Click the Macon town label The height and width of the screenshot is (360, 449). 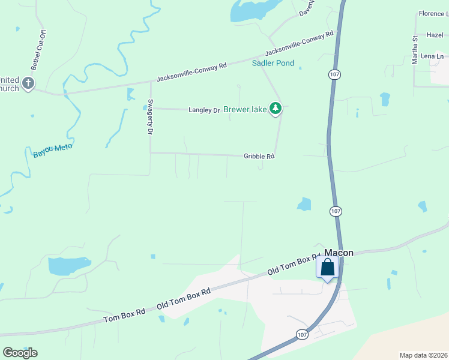coord(339,253)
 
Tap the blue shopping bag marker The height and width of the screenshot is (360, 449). coord(328,267)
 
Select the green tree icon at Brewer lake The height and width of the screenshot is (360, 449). coord(276,109)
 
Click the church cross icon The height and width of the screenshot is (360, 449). coord(28,84)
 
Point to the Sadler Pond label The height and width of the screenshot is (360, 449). coord(273,63)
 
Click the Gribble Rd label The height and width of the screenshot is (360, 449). coord(259,156)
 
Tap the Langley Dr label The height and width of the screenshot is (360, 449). coord(204,110)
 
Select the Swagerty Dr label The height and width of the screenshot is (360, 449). coord(151,116)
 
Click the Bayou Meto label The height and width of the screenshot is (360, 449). coord(53,150)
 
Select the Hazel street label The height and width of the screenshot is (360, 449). coord(435,35)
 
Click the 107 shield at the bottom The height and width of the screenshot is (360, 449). coord(301,334)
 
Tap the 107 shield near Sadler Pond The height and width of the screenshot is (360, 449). coord(335,74)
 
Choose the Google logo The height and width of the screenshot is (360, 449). coord(20,353)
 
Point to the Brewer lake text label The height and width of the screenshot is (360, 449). coord(245,109)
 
